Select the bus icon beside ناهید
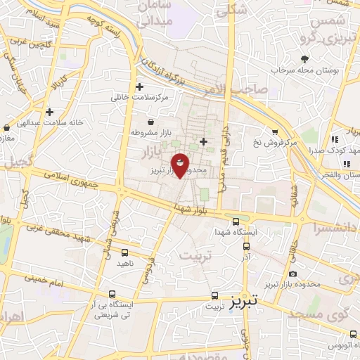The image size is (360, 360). (125, 252)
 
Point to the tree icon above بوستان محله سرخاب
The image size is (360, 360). (304, 59)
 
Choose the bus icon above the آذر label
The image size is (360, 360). (245, 246)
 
